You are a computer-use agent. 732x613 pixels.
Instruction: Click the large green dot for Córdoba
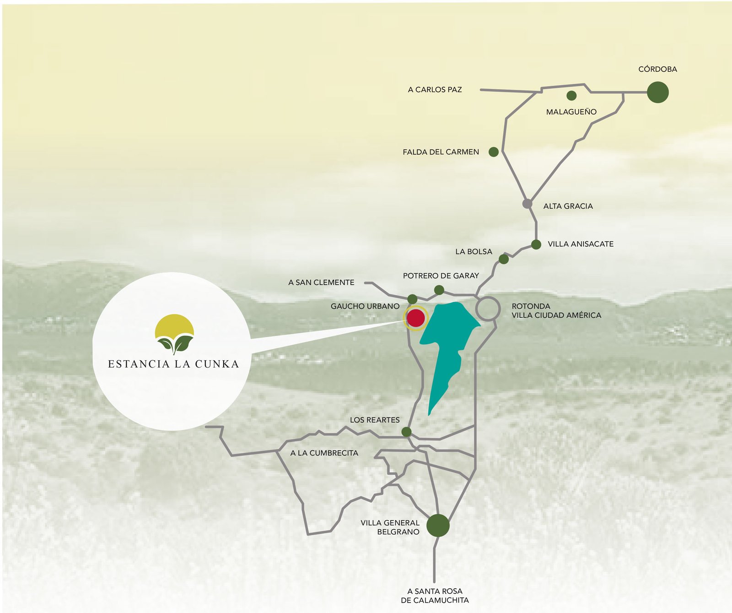click(657, 92)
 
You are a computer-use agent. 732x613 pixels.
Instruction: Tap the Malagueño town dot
click(571, 96)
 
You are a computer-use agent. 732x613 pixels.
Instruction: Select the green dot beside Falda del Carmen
click(493, 152)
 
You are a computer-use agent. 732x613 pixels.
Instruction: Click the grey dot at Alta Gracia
click(527, 204)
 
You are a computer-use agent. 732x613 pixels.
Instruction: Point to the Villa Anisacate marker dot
click(536, 244)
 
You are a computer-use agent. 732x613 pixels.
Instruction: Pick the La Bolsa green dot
click(504, 259)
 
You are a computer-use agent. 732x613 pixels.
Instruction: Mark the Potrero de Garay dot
click(439, 290)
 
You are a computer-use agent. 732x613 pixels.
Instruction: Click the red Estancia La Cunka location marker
click(416, 318)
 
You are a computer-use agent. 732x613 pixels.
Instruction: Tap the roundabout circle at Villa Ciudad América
click(488, 309)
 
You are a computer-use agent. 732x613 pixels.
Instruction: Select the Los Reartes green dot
click(406, 432)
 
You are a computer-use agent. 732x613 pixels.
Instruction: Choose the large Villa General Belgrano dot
click(438, 525)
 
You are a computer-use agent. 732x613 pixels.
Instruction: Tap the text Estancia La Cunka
click(173, 364)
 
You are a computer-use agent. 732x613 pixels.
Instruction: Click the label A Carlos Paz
click(435, 90)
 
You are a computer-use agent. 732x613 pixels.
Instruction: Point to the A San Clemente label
click(321, 282)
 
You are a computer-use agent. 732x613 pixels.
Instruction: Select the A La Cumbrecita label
click(324, 453)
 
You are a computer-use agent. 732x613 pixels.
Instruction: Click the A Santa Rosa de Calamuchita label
click(435, 596)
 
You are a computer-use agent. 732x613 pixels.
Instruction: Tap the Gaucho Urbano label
click(365, 306)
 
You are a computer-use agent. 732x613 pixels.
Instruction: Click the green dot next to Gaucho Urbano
click(412, 299)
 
